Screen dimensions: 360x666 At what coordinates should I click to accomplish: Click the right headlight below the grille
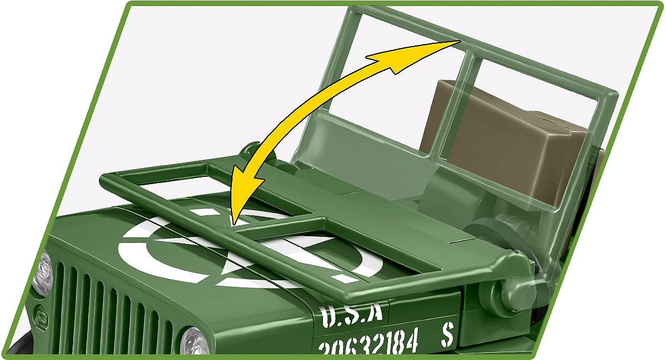pyautogui.click(x=195, y=341)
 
